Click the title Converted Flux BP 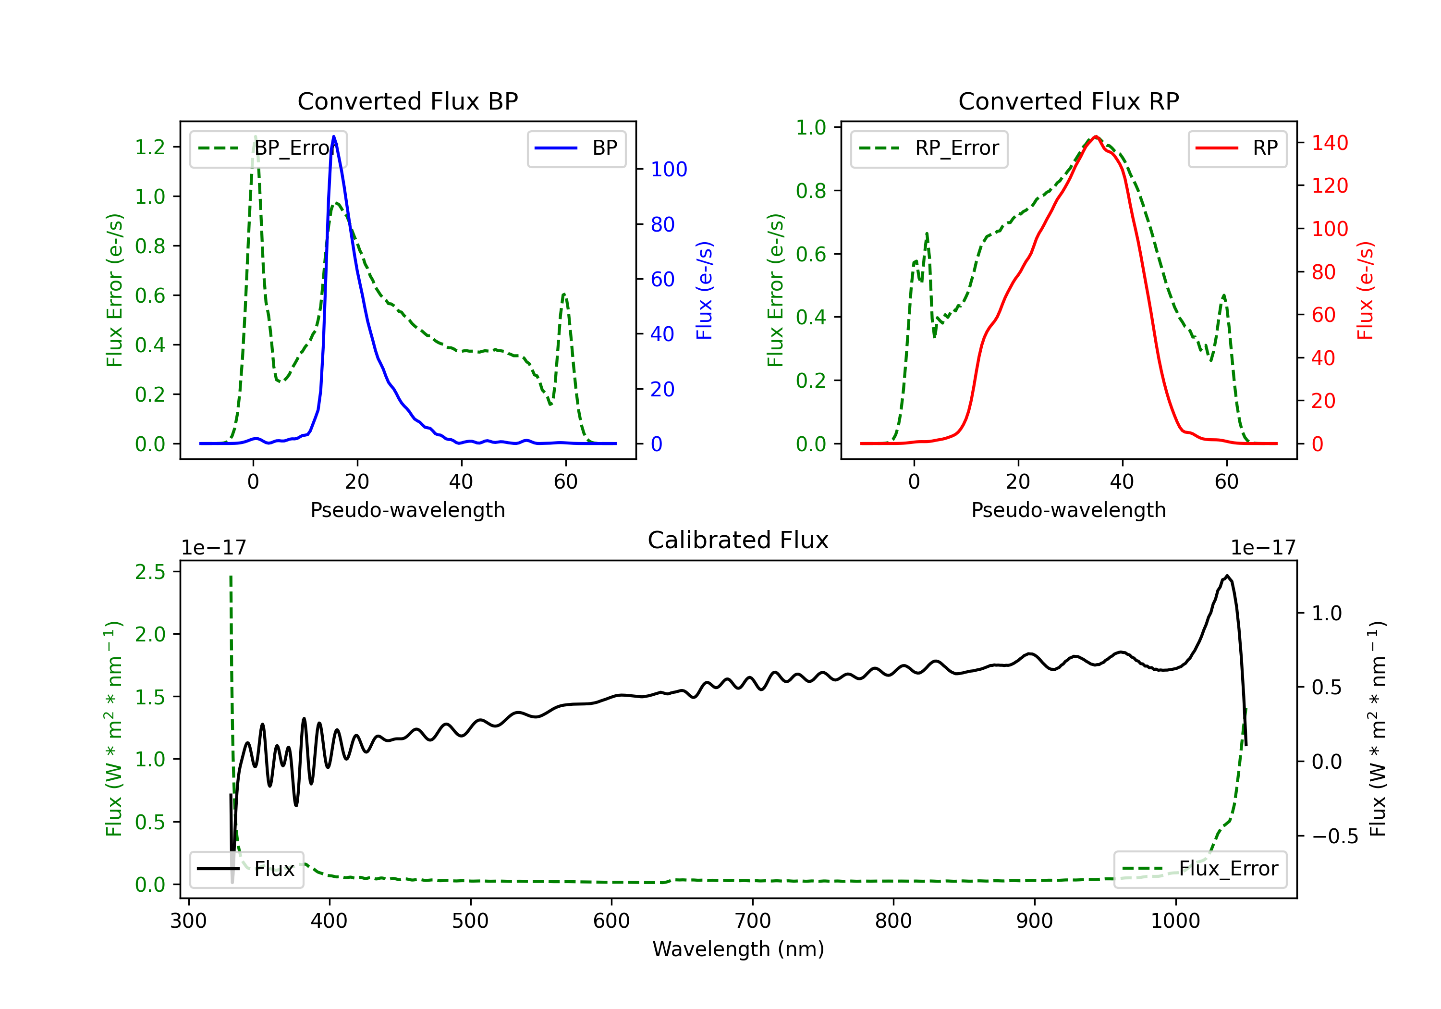pyautogui.click(x=407, y=101)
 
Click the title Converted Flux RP pyautogui.click(x=1068, y=101)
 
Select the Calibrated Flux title pyautogui.click(x=738, y=540)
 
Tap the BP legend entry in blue pyautogui.click(x=576, y=148)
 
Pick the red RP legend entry pyautogui.click(x=1236, y=148)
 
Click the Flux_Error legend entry pyautogui.click(x=1199, y=869)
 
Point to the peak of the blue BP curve pyautogui.click(x=334, y=136)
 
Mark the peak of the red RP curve pyautogui.click(x=1096, y=136)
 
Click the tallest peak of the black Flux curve pyautogui.click(x=1226, y=576)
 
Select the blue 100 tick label pyautogui.click(x=669, y=169)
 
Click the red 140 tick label pyautogui.click(x=1330, y=143)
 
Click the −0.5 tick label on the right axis pyautogui.click(x=1335, y=837)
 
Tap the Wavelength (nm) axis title pyautogui.click(x=738, y=949)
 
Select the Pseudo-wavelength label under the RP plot pyautogui.click(x=1068, y=510)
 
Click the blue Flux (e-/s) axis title pyautogui.click(x=704, y=290)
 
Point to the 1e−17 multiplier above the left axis pyautogui.click(x=213, y=548)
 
